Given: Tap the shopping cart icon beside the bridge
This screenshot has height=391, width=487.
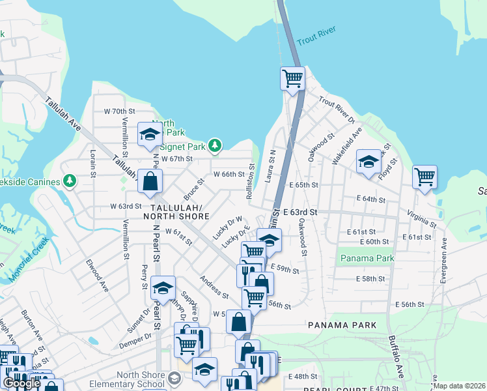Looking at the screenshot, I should pyautogui.click(x=293, y=79).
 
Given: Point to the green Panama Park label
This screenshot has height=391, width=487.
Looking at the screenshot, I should pyautogui.click(x=367, y=259).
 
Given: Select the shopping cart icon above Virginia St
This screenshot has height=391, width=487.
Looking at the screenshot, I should pyautogui.click(x=424, y=177).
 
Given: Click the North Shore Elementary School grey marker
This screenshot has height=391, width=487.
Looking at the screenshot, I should pyautogui.click(x=174, y=378).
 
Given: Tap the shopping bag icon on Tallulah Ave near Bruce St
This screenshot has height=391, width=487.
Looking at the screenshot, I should pyautogui.click(x=150, y=182).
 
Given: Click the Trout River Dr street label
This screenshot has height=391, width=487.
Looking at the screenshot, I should pyautogui.click(x=337, y=111).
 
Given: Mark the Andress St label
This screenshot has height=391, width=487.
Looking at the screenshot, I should pyautogui.click(x=214, y=287).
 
